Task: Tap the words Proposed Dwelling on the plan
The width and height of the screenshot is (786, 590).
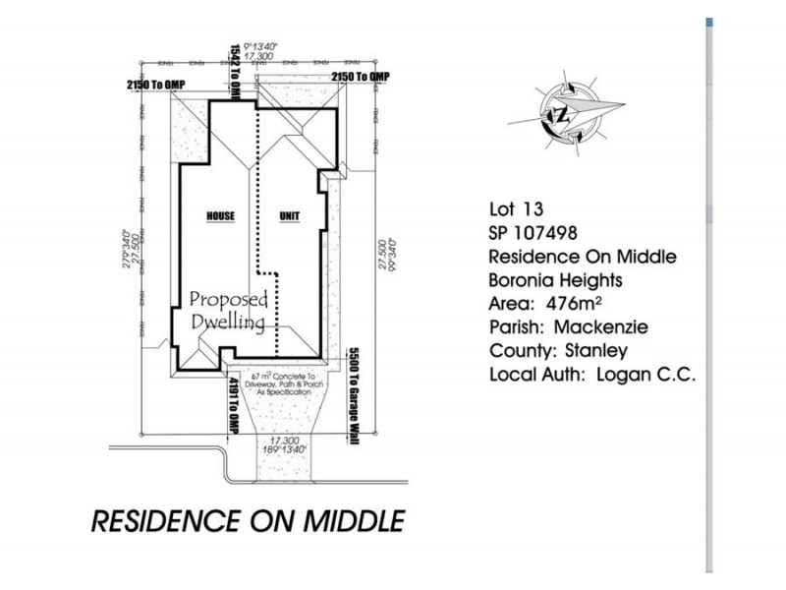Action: [x=227, y=310]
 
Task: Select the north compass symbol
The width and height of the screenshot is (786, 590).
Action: [x=567, y=110]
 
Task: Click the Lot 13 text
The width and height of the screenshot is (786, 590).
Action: [x=516, y=208]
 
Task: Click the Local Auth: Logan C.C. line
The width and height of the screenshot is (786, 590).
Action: [x=592, y=375]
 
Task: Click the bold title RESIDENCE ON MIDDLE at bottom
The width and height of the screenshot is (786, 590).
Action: [x=247, y=520]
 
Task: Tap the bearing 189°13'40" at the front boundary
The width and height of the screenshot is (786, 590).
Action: [x=285, y=448]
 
